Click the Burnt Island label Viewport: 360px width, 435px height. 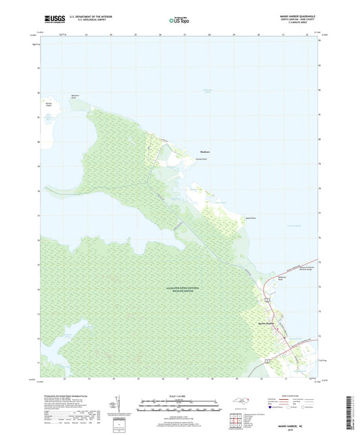[x=49, y=104]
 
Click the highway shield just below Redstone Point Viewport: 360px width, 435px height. [x=268, y=297]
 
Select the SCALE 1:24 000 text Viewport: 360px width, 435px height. [x=179, y=396]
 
